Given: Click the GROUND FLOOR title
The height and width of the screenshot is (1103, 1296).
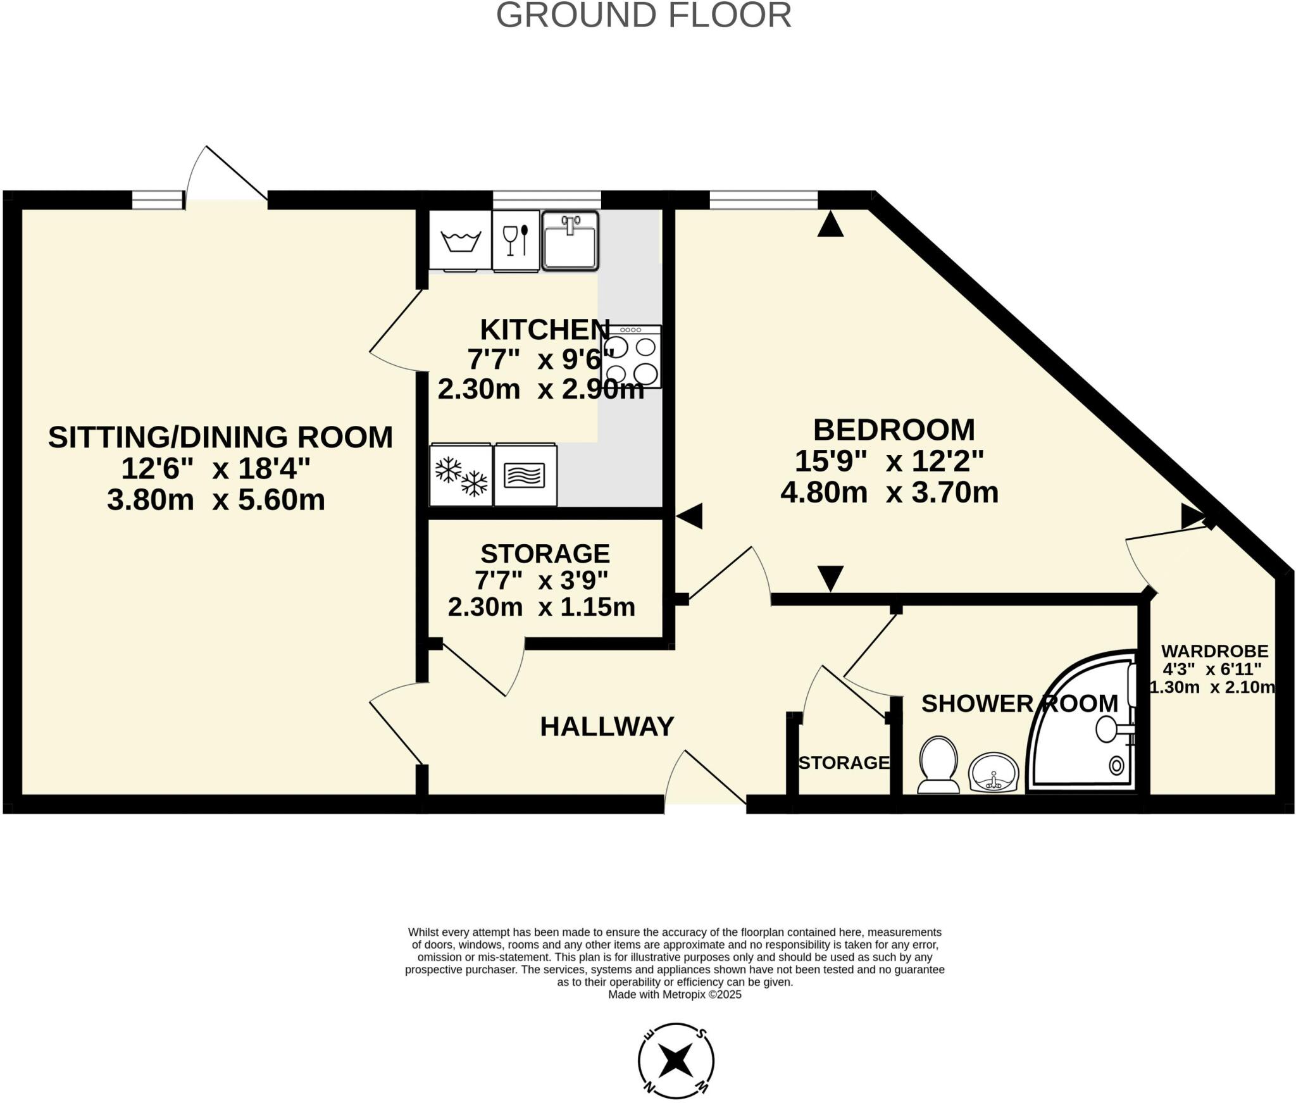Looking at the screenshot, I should click(x=643, y=15).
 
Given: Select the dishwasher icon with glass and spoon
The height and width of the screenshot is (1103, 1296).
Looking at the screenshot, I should click(x=516, y=241).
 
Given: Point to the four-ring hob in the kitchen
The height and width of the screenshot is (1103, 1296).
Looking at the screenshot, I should click(x=631, y=357).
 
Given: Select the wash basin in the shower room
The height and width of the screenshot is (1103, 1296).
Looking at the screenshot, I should click(x=993, y=772).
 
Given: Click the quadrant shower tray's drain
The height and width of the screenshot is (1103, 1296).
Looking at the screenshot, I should click(x=1116, y=766).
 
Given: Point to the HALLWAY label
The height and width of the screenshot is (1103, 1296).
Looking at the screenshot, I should click(x=606, y=726).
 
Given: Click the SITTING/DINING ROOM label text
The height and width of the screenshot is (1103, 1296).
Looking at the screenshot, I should click(x=220, y=437).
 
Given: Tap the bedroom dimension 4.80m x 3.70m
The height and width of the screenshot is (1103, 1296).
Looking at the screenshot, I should click(x=889, y=492).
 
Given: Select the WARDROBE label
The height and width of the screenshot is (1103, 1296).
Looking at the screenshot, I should click(x=1214, y=651).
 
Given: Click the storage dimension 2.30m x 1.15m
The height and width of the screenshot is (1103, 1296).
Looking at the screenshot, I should click(x=541, y=607).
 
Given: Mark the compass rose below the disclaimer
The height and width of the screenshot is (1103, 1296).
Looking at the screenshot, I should click(x=676, y=1061).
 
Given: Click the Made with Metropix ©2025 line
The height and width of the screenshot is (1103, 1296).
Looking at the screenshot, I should click(x=675, y=994).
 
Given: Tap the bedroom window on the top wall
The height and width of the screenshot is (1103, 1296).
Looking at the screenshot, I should click(x=763, y=200).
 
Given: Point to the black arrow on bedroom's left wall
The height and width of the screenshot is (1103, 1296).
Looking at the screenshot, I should click(x=690, y=516).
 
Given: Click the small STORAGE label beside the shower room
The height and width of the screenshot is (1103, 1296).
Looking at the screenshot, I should click(x=844, y=763).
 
